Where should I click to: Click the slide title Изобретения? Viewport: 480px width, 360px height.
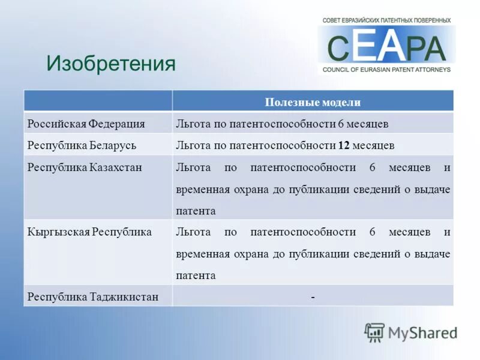coord(111,63)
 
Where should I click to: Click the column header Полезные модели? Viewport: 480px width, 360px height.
coord(313,102)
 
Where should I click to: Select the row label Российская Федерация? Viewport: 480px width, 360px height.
coord(86,124)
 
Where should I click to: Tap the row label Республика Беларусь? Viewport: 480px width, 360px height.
coord(82,145)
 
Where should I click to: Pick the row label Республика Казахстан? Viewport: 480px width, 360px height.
coord(85,167)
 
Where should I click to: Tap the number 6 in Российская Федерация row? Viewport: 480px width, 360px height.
coord(341,124)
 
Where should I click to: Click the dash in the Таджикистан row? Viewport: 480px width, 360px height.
coord(313,296)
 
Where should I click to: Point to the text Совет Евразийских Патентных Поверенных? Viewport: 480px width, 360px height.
coord(386,20)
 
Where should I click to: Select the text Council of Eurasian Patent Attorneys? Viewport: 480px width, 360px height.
coord(386,70)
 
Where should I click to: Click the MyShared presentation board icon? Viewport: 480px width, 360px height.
coord(374,332)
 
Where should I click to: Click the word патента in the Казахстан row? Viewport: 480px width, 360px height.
coord(196,211)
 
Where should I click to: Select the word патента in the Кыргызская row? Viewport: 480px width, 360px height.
coord(196,276)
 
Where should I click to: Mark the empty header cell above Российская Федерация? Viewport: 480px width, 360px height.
coord(98,101)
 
